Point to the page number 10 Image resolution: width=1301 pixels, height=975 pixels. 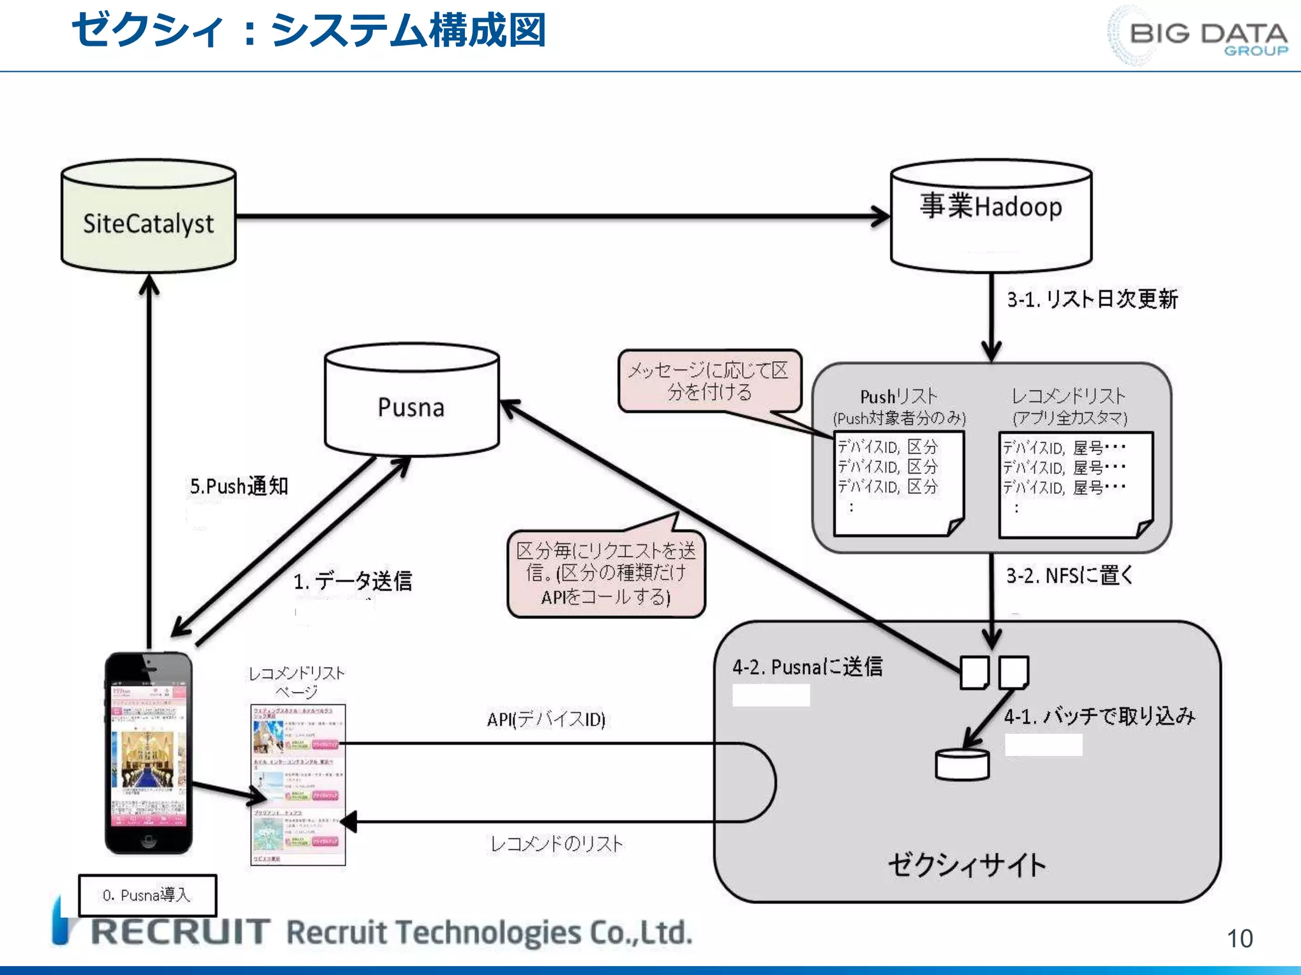click(1239, 938)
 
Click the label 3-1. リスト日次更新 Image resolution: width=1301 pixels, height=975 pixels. click(1091, 299)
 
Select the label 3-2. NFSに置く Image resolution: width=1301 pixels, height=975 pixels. click(1069, 576)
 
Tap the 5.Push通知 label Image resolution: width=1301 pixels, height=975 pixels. click(239, 486)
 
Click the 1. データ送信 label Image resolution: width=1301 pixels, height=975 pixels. click(353, 580)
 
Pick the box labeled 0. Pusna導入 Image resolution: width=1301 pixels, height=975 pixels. click(147, 895)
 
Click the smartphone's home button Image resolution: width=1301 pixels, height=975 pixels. click(148, 842)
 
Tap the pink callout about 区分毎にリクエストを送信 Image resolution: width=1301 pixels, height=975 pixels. click(606, 574)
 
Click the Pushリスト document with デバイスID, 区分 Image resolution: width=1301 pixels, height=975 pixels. click(898, 482)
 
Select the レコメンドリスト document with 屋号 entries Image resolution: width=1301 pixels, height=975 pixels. click(1075, 484)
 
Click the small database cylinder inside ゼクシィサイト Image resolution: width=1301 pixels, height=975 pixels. click(962, 764)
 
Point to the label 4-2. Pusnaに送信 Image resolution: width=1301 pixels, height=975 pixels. click(807, 667)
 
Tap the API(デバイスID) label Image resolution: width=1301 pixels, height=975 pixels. click(546, 719)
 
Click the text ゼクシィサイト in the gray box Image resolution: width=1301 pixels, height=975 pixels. click(966, 865)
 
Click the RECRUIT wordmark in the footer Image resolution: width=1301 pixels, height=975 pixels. click(181, 932)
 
